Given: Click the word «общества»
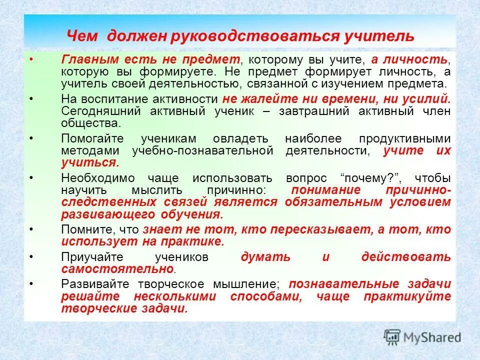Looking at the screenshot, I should pos(90,123).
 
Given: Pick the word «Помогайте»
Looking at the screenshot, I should pos(92,138).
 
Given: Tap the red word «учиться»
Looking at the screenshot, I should pos(89,162).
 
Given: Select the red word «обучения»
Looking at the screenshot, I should pos(191,214).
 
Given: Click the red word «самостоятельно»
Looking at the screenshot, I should pos(117,269).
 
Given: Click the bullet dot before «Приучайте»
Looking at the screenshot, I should pos(31,257).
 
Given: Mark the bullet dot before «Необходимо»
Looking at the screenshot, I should pos(31,178).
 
